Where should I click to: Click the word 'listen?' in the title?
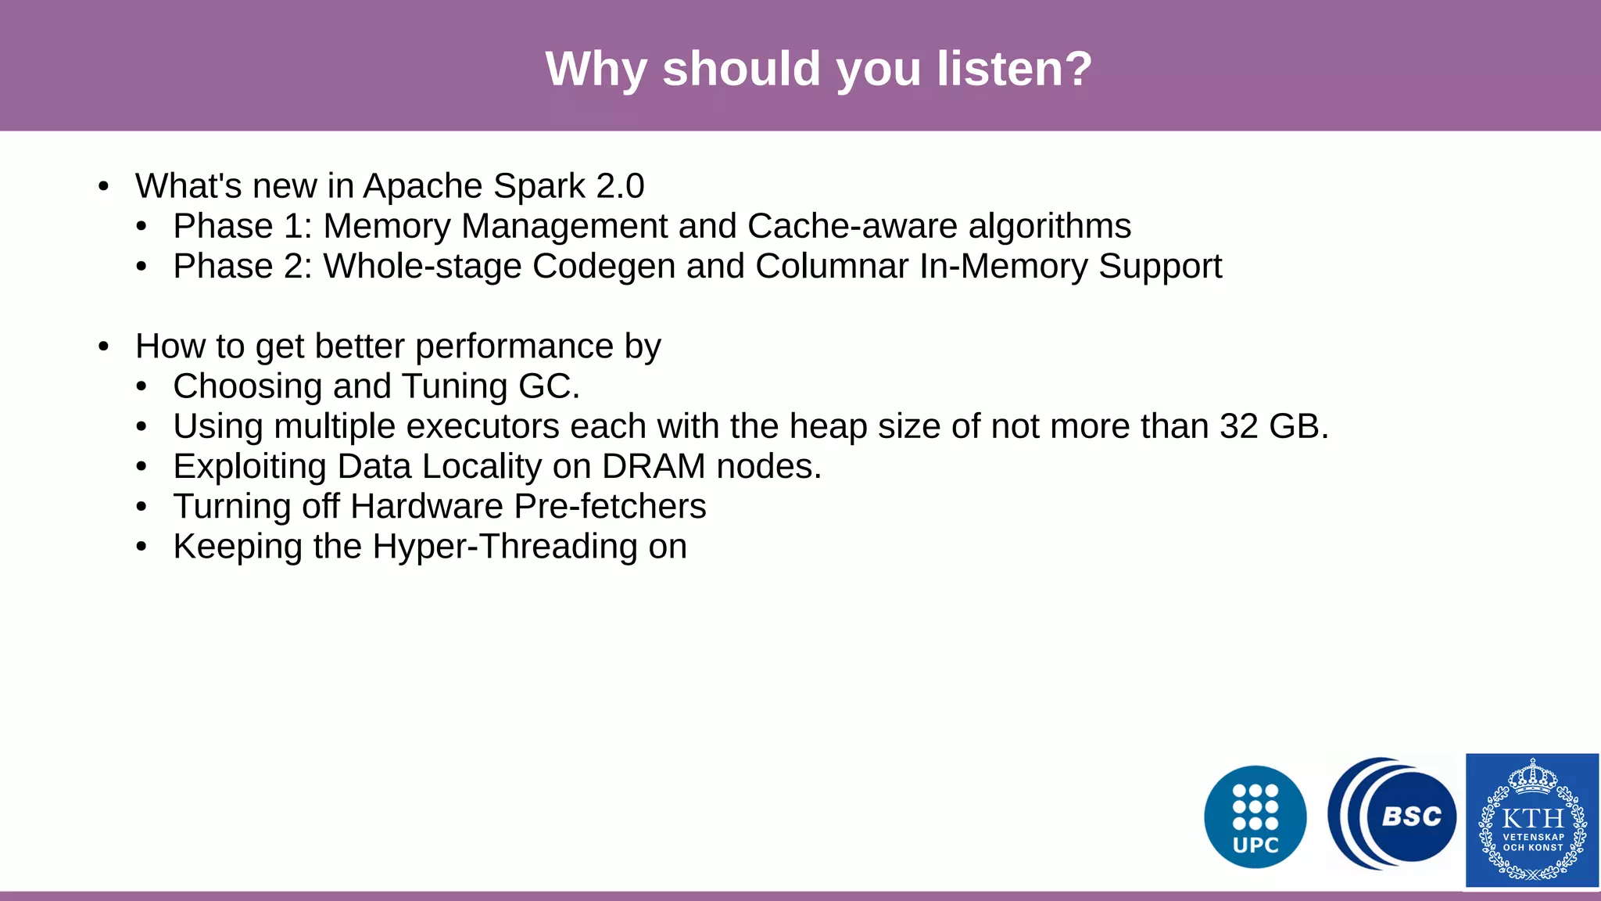(x=1014, y=69)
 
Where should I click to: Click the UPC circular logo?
(x=1255, y=817)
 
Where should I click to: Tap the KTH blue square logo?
(x=1531, y=820)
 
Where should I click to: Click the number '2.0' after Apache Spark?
(x=620, y=186)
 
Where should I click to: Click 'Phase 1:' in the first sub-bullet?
(x=242, y=226)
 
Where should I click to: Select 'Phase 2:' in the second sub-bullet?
(x=242, y=266)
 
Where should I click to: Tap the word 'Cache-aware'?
(x=852, y=226)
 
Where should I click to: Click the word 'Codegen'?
(x=604, y=266)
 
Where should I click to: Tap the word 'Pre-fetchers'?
(x=610, y=506)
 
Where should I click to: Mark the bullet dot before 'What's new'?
(x=104, y=187)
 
